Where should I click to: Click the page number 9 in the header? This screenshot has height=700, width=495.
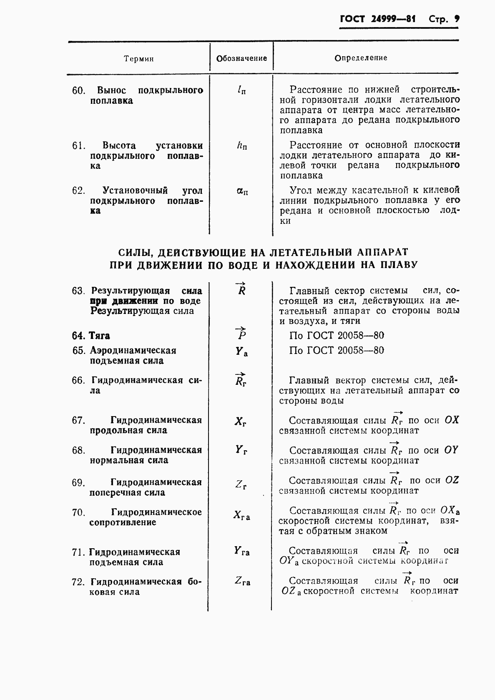pyautogui.click(x=457, y=19)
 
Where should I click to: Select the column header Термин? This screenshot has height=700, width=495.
pyautogui.click(x=139, y=59)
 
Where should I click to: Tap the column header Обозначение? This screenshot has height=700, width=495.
pyautogui.click(x=241, y=58)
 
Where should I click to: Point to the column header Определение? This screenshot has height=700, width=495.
pyautogui.click(x=361, y=58)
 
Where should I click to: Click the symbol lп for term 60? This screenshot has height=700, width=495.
pyautogui.click(x=241, y=90)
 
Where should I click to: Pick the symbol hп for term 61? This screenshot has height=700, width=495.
pyautogui.click(x=241, y=146)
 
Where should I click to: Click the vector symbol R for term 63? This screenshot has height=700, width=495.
pyautogui.click(x=241, y=289)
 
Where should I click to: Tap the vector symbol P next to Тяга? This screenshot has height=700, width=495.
pyautogui.click(x=241, y=334)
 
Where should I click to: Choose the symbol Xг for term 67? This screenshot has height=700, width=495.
pyautogui.click(x=240, y=422)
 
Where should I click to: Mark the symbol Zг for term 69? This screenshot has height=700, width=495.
pyautogui.click(x=241, y=484)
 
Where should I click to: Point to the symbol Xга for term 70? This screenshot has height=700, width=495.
pyautogui.click(x=241, y=515)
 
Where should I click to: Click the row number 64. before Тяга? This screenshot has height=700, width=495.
pyautogui.click(x=78, y=336)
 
